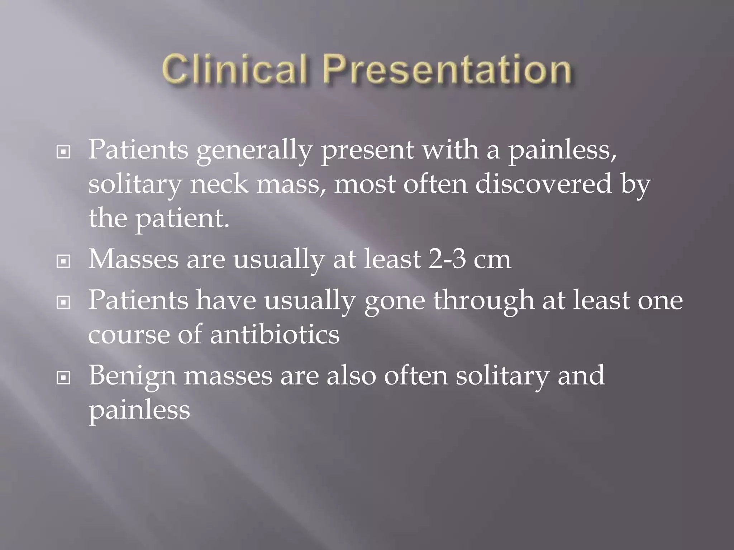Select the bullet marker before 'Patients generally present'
[63, 152]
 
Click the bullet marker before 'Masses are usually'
[63, 261]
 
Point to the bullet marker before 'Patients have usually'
[63, 303]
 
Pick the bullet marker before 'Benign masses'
[63, 378]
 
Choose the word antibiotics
[275, 335]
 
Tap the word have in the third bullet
[226, 301]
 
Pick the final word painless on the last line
[139, 411]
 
